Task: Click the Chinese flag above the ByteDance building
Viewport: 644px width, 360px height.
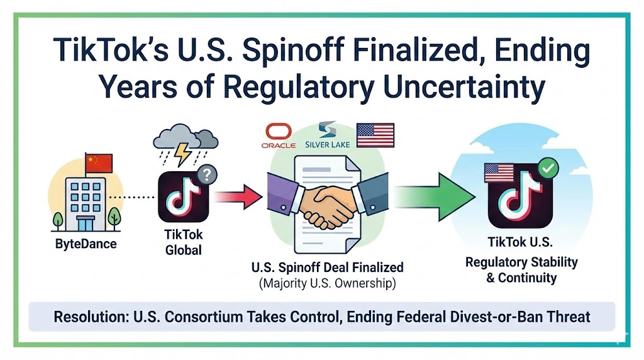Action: click(99, 164)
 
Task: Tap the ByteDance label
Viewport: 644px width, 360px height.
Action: click(86, 244)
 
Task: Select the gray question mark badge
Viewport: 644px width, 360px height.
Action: click(207, 176)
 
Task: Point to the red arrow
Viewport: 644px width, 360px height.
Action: click(238, 197)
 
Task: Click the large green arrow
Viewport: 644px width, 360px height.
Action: click(435, 197)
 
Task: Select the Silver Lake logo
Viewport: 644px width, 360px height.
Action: click(327, 135)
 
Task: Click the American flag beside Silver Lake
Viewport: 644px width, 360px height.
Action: click(375, 135)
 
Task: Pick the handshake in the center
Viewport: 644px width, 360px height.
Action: click(327, 203)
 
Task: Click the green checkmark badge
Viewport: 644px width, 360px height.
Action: click(548, 168)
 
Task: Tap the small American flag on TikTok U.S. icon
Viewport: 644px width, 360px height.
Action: click(499, 173)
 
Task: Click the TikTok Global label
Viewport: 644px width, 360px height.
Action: click(184, 242)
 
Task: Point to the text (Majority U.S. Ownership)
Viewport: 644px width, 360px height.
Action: click(327, 284)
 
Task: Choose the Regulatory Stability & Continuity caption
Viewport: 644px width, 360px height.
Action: click(521, 270)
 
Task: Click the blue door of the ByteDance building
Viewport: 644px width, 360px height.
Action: click(86, 224)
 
